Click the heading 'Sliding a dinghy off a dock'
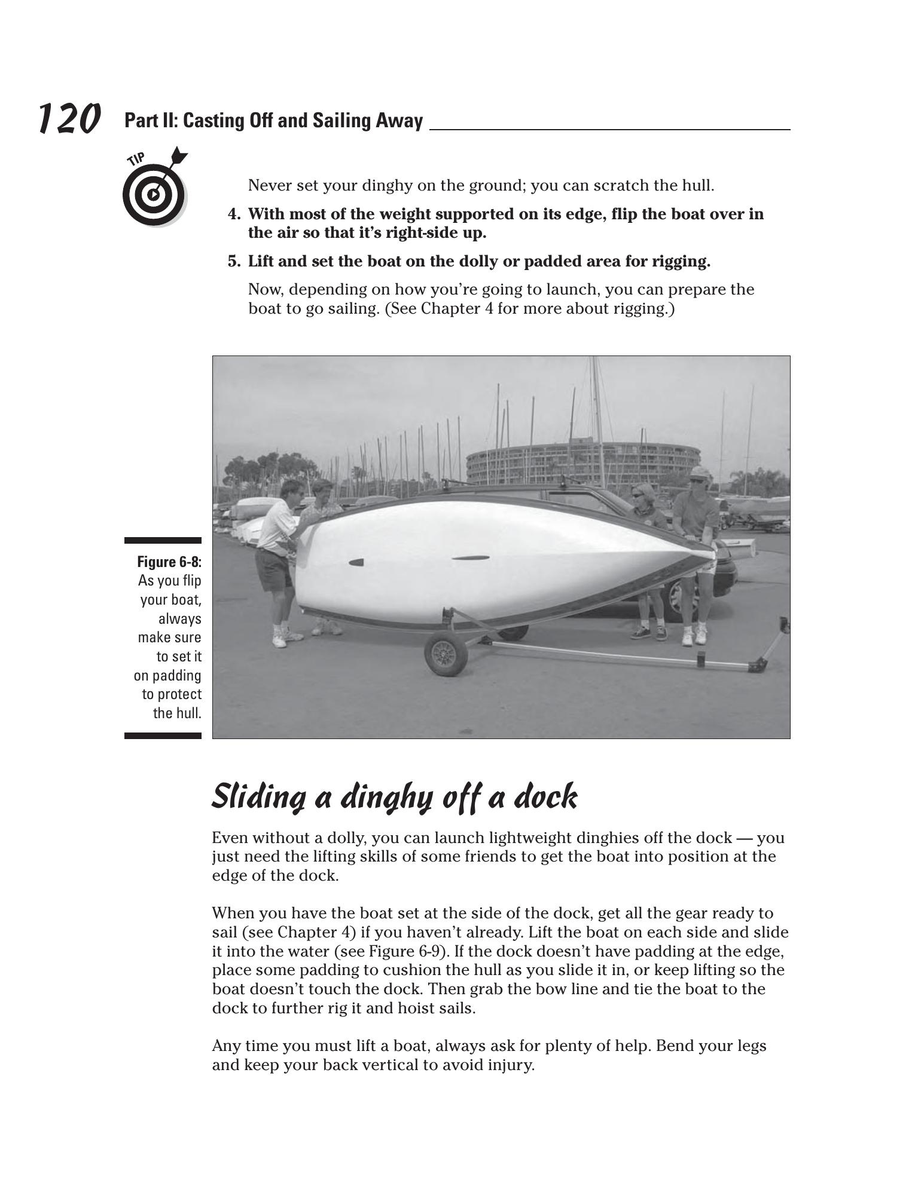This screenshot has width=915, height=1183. (395, 796)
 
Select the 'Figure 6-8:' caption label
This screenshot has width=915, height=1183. (169, 562)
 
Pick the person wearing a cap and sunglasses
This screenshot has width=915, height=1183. (697, 538)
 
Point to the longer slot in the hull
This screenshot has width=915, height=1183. (470, 558)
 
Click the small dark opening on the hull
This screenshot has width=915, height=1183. (356, 562)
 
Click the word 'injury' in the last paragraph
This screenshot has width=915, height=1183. (509, 1065)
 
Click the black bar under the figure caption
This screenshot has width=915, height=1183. (163, 735)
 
